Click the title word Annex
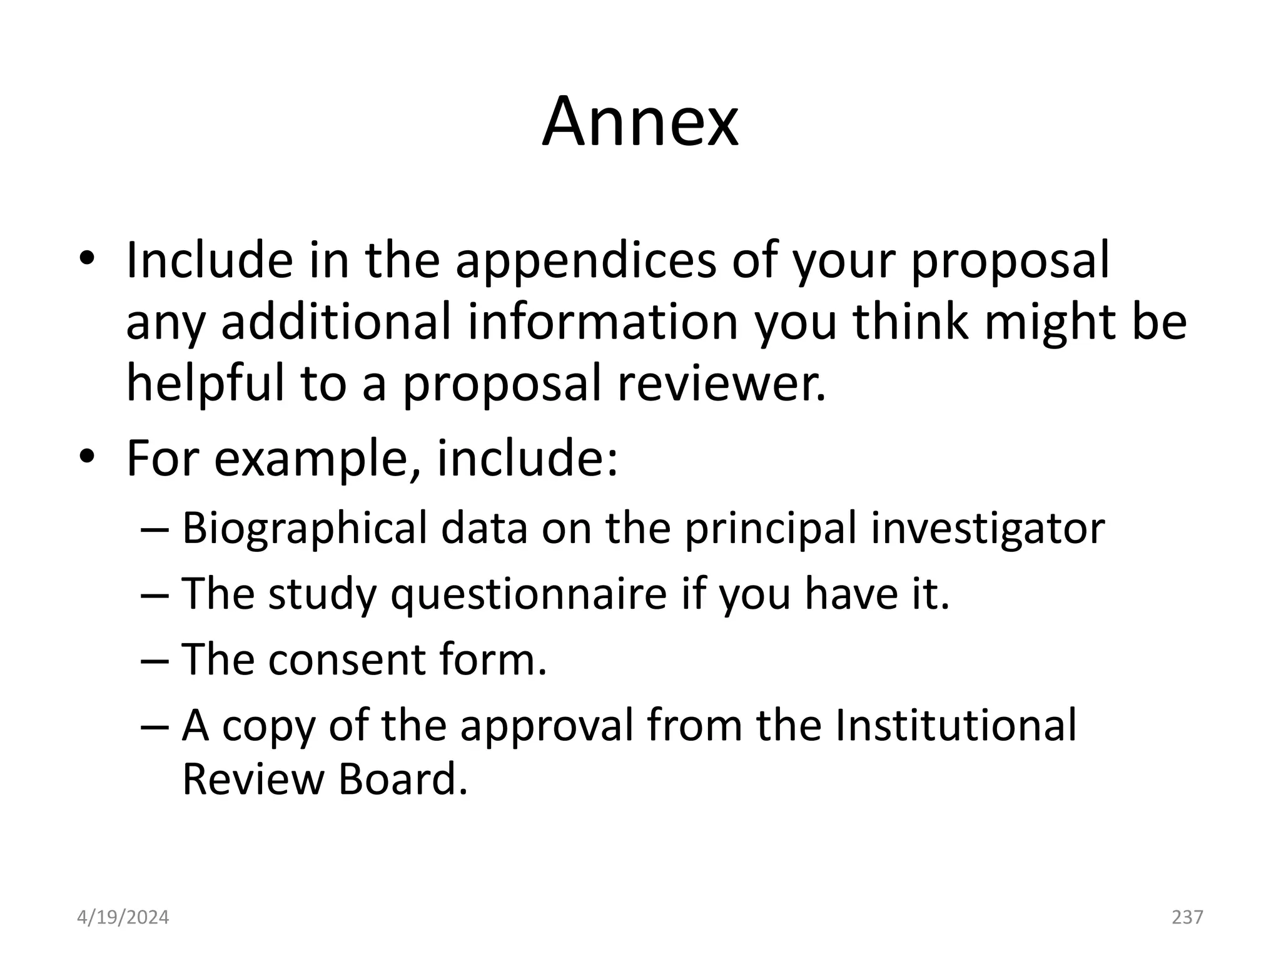tap(640, 122)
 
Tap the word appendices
tap(585, 262)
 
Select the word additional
tap(335, 322)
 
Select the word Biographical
tap(304, 529)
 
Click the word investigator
tap(988, 529)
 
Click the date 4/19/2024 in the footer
tap(123, 918)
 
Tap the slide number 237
tap(1187, 917)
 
